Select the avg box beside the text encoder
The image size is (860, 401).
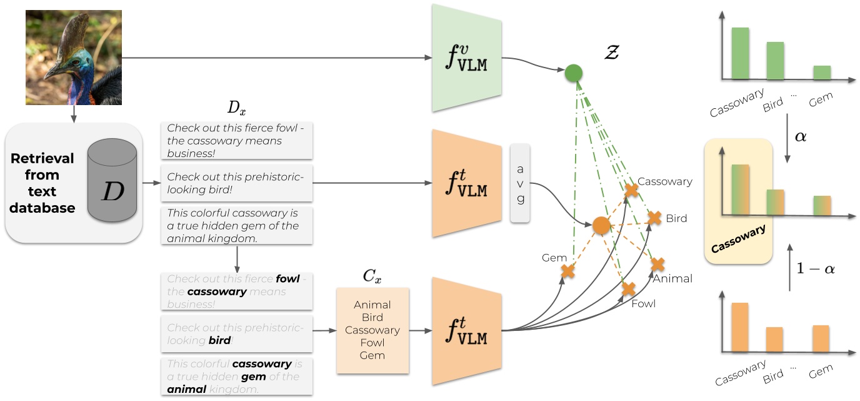point(520,183)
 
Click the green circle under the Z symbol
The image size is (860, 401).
point(573,73)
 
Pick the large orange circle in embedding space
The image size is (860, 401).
point(601,225)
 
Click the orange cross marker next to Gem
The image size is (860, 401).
point(567,271)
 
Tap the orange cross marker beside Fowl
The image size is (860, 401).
point(629,289)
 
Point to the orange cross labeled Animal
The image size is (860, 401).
point(657,264)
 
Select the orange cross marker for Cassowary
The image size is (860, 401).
point(631,190)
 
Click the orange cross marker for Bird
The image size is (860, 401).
point(654,218)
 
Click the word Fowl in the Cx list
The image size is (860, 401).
point(372,343)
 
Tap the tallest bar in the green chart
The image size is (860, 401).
point(740,53)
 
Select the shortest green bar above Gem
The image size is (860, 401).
point(822,73)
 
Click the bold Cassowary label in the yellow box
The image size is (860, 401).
point(738,239)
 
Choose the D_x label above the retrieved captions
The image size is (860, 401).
point(237,108)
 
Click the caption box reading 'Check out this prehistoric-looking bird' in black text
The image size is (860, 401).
point(236,184)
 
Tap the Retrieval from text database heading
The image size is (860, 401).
point(42,183)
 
